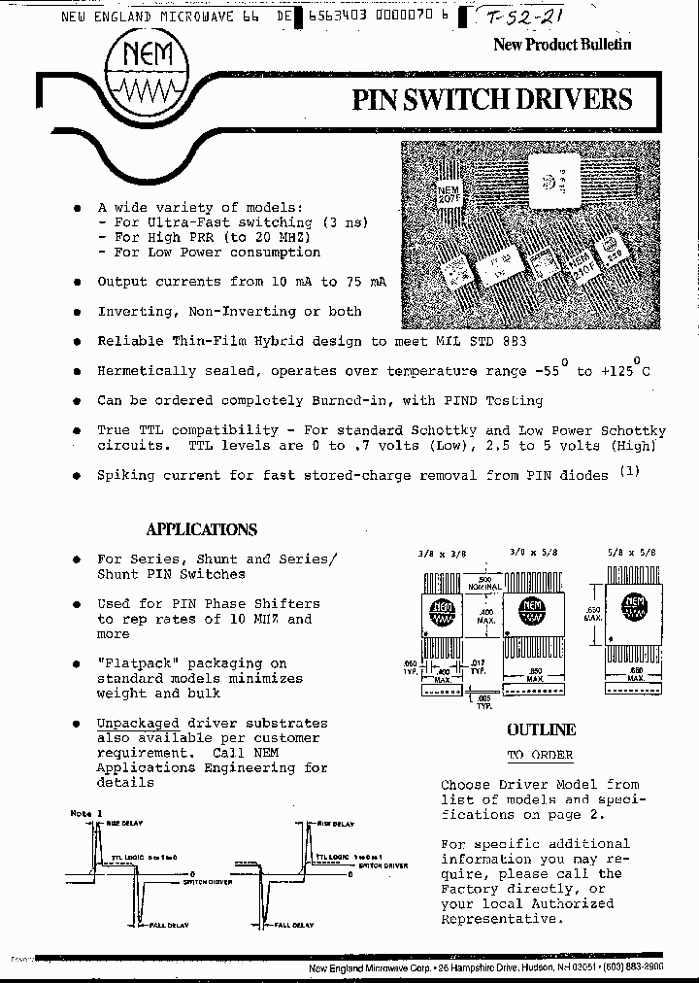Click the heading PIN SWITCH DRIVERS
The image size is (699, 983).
[490, 99]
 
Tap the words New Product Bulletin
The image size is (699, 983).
[562, 44]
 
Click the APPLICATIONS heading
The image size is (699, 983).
[201, 529]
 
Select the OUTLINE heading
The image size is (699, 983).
[541, 730]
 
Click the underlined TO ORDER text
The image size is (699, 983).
[540, 755]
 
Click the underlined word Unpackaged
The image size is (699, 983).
[138, 723]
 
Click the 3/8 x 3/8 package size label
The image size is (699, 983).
[435, 551]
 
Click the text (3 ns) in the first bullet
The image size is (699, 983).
[345, 222]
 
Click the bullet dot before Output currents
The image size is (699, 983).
[77, 282]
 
